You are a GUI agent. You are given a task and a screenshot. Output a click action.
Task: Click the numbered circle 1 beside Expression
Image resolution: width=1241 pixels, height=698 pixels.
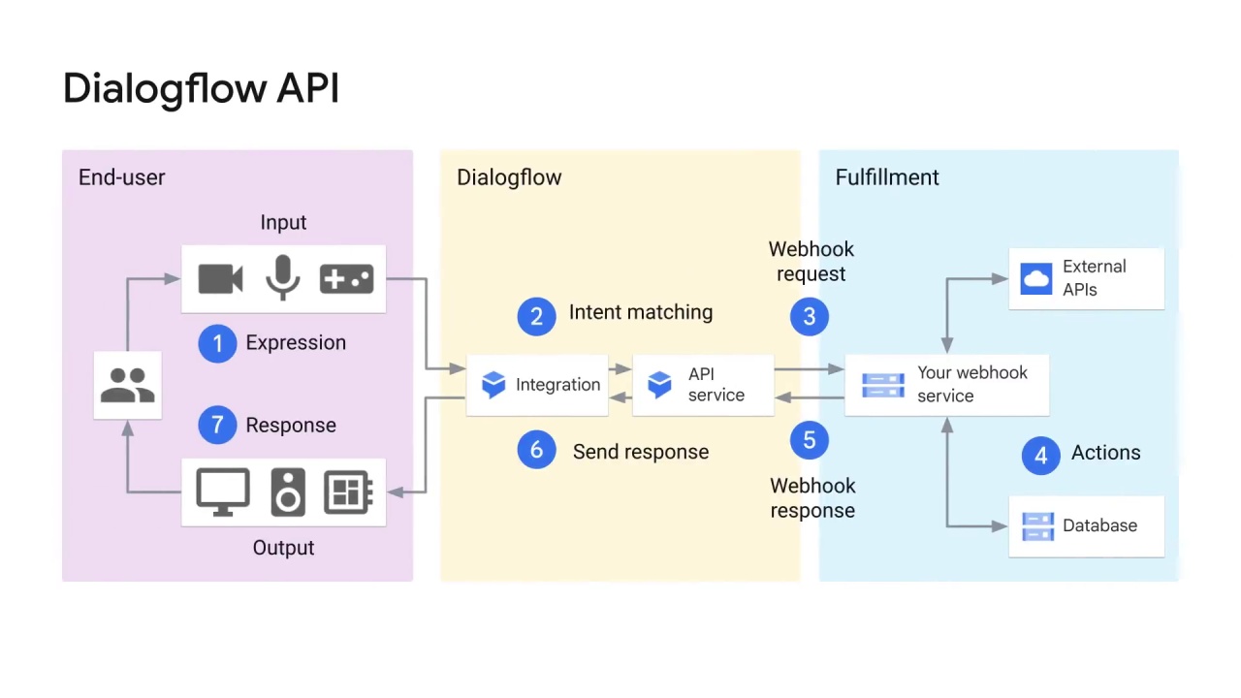coord(217,343)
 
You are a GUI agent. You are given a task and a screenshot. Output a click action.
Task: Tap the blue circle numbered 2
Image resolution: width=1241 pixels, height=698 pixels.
coord(536,316)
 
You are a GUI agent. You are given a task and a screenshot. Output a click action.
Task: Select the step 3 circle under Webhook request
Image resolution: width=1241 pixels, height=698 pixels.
coord(810,316)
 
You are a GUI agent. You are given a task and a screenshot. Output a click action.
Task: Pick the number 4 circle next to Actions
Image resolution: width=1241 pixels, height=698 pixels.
coord(1040,455)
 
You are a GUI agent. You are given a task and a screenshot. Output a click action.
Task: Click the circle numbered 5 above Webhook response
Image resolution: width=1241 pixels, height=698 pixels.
coord(810,440)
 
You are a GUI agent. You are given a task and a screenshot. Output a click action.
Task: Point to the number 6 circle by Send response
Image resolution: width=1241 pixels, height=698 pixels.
coord(536,450)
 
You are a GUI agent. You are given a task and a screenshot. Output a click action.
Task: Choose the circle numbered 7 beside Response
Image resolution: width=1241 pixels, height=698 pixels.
coord(217,425)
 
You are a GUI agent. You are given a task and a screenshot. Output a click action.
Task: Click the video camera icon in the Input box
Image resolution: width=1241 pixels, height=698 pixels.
coord(220,279)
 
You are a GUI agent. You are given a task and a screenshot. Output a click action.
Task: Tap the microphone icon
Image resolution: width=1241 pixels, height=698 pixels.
coord(282,278)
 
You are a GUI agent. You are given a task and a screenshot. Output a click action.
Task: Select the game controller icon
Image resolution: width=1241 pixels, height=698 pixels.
coord(346,279)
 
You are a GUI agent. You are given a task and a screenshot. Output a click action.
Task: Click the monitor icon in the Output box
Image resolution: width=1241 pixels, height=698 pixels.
coord(223,492)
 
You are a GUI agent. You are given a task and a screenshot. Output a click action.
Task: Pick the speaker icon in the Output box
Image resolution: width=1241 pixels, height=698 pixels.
coord(287,492)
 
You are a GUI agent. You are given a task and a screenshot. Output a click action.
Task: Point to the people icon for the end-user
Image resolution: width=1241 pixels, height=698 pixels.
coord(127,385)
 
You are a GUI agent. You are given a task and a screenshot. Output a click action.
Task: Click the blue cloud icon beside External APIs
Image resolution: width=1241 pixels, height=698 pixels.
coord(1036,278)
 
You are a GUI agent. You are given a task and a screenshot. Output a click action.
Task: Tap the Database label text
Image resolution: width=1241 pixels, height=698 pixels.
coord(1099,525)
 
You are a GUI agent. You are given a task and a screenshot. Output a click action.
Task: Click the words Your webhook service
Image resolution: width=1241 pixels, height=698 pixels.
coord(971,384)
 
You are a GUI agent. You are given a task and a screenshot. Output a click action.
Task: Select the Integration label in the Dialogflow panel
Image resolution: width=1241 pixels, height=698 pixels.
coord(557,385)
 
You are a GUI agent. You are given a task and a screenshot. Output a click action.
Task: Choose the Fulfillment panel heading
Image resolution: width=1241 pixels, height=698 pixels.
coord(887,177)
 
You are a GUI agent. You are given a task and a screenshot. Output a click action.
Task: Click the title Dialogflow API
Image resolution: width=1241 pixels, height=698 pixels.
coord(201,88)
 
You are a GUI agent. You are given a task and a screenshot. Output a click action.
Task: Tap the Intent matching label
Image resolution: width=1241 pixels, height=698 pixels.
coord(640,312)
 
